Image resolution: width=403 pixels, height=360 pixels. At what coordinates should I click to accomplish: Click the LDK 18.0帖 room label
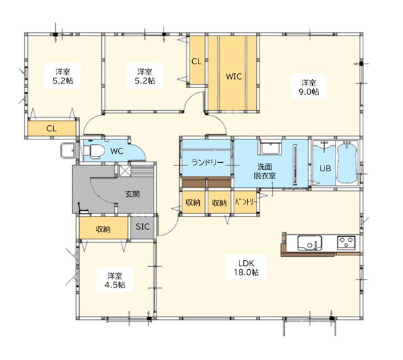click(246, 267)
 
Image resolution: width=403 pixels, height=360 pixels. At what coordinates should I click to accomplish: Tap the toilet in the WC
click(93, 150)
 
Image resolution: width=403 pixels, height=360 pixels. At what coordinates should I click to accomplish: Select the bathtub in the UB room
click(347, 163)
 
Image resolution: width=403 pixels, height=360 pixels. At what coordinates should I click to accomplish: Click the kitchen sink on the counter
click(310, 243)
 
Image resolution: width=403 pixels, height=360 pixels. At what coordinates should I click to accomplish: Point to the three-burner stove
click(346, 243)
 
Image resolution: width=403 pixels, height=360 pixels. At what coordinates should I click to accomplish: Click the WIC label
click(234, 77)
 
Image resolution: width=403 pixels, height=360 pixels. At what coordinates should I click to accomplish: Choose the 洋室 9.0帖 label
click(309, 87)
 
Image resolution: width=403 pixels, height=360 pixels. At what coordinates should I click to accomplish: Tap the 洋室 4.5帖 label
click(115, 280)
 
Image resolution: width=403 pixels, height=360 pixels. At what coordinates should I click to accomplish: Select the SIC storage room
click(142, 228)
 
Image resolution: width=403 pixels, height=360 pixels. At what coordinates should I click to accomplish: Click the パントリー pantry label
click(246, 202)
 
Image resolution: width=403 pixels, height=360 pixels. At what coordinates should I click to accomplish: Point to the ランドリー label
click(208, 163)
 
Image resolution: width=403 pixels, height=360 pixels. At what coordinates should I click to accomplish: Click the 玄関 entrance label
click(132, 194)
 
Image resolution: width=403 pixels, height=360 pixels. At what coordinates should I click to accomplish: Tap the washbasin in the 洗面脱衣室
click(271, 147)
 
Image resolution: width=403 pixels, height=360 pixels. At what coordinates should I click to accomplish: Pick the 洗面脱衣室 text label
click(265, 171)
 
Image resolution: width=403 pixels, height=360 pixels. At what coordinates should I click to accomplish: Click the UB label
click(325, 168)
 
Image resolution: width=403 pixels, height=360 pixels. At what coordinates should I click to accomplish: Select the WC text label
click(117, 151)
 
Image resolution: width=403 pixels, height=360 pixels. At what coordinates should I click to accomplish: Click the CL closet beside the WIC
click(197, 60)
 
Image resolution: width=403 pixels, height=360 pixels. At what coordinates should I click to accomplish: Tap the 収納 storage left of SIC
click(103, 228)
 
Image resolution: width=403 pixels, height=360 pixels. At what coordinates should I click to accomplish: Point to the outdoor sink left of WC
click(67, 150)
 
